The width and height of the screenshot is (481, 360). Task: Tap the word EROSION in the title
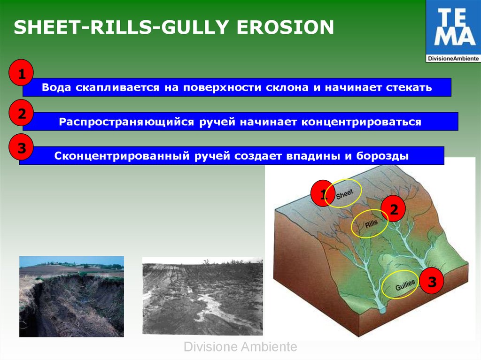[x=285, y=27]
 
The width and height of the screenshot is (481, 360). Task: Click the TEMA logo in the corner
[x=453, y=31]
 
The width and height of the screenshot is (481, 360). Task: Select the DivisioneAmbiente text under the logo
[x=453, y=58]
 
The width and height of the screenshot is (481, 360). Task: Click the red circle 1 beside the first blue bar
[x=21, y=72]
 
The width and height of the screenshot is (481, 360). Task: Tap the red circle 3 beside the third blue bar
[x=21, y=147]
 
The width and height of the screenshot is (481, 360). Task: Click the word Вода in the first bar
[x=56, y=87]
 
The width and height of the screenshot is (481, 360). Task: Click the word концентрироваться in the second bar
[x=361, y=122]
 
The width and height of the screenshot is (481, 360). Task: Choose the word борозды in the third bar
[x=382, y=156]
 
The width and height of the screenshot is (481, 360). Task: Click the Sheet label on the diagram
[x=344, y=193]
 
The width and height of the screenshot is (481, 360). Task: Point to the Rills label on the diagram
[x=371, y=224]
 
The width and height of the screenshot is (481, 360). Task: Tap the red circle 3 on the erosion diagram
[x=432, y=281]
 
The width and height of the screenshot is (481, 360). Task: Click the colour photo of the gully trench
[x=71, y=297]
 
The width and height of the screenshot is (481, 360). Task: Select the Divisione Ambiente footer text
[x=240, y=346]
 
